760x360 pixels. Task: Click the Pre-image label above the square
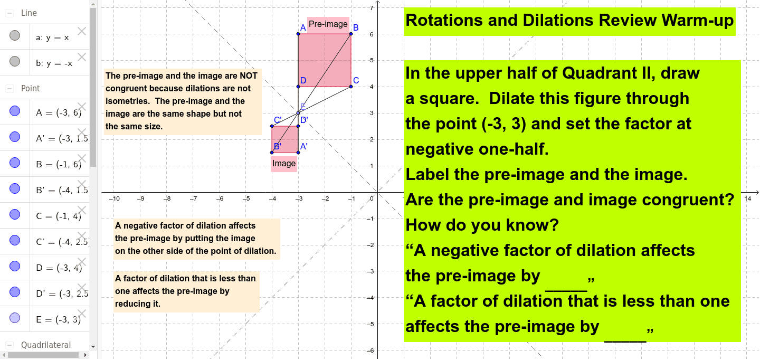pyautogui.click(x=328, y=24)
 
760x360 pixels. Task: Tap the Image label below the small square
pyautogui.click(x=284, y=164)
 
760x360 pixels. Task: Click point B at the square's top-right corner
pyautogui.click(x=351, y=34)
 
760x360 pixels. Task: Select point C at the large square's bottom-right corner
pyautogui.click(x=351, y=87)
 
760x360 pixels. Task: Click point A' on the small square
pyautogui.click(x=298, y=153)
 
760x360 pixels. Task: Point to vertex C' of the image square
pyautogui.click(x=272, y=126)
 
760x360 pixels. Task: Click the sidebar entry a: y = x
pyautogui.click(x=52, y=37)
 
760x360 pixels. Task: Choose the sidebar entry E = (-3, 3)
pyautogui.click(x=58, y=319)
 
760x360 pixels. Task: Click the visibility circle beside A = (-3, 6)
pyautogui.click(x=15, y=112)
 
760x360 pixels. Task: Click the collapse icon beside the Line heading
pyautogui.click(x=9, y=13)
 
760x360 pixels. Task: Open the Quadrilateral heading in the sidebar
pyautogui.click(x=45, y=345)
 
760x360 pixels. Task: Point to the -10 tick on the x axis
pyautogui.click(x=114, y=199)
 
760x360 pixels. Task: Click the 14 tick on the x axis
pyautogui.click(x=747, y=198)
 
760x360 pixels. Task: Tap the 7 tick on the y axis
pyautogui.click(x=372, y=8)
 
